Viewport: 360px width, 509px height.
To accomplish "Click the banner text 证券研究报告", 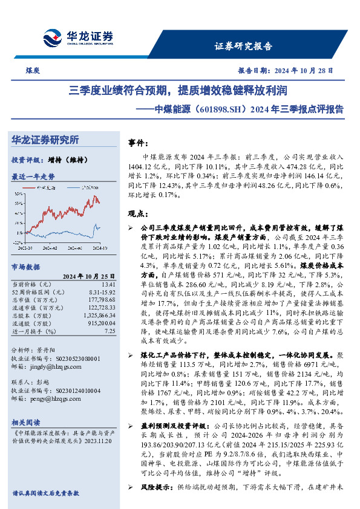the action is click(x=244, y=46).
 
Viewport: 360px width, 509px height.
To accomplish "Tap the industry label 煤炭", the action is click(x=33, y=70).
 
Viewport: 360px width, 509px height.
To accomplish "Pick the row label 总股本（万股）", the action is click(x=31, y=315).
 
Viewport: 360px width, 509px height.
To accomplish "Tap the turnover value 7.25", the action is click(x=110, y=331).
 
